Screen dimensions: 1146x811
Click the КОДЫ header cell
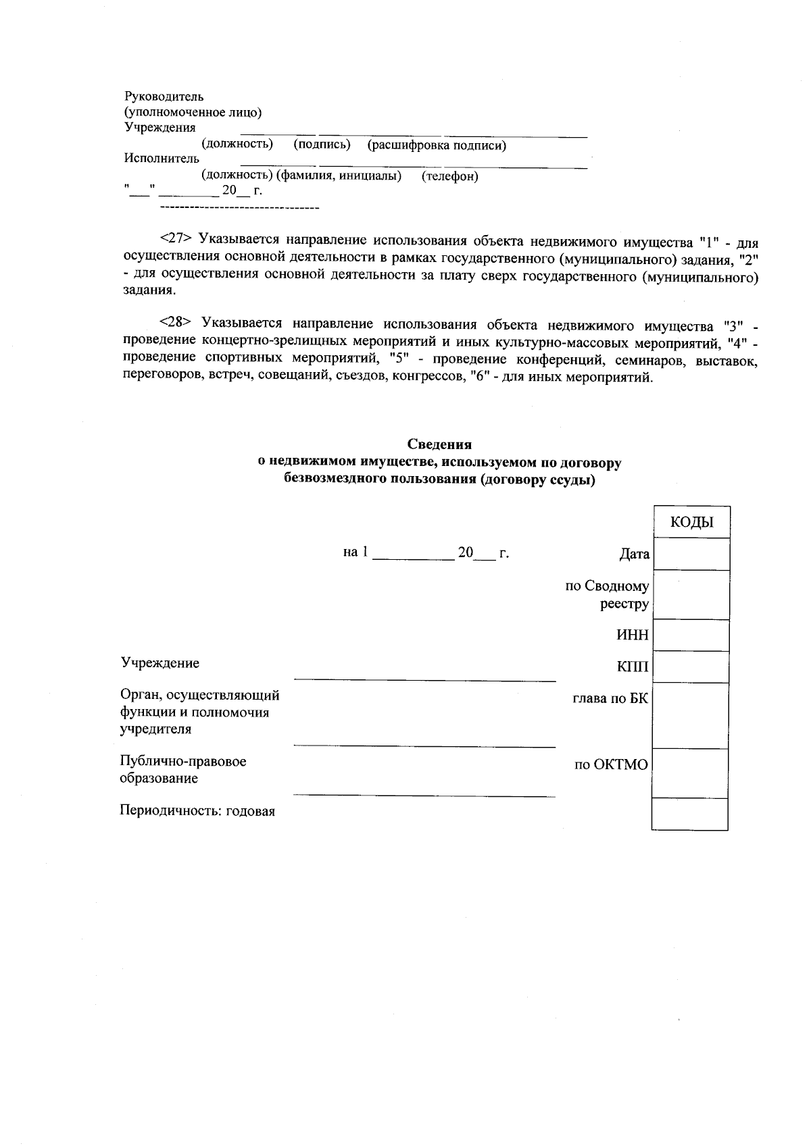coord(691,522)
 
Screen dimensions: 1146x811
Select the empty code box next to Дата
coord(691,554)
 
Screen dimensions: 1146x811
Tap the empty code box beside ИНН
coord(691,635)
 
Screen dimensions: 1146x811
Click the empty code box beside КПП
coord(691,667)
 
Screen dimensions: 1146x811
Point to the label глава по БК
coord(610,699)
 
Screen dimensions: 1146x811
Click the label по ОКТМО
coord(611,764)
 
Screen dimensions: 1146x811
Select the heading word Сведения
coord(439,444)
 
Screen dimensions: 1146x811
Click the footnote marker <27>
coord(176,240)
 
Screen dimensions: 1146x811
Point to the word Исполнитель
coord(162,159)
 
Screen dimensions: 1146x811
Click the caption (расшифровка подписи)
coord(437,145)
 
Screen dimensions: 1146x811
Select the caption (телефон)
coord(449,177)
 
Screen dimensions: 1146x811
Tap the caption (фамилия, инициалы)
coord(339,176)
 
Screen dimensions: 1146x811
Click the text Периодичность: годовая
coord(197,811)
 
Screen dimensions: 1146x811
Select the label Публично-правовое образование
coord(182,770)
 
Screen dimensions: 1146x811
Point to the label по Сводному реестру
coord(607,595)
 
